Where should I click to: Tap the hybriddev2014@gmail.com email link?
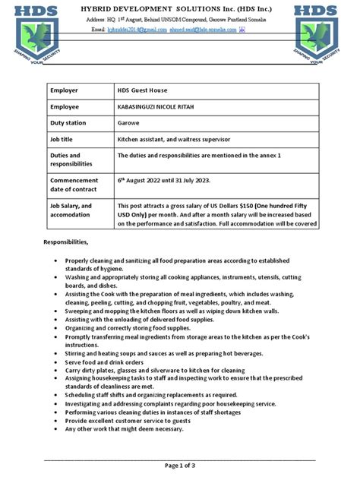click(136, 28)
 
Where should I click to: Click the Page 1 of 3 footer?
click(180, 465)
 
